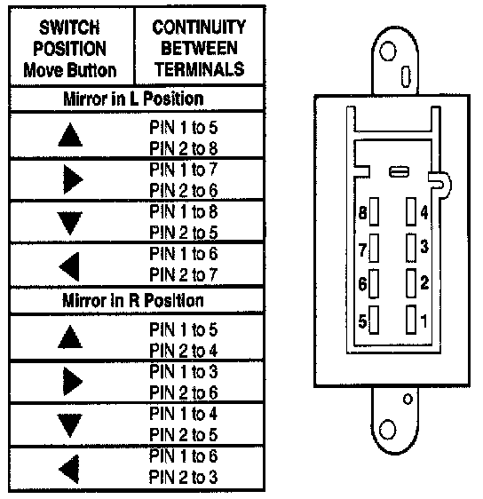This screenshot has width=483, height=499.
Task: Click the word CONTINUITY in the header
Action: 199,27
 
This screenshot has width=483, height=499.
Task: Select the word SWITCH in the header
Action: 69,28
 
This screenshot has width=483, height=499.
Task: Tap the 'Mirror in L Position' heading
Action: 134,99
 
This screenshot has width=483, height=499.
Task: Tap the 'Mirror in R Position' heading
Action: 133,300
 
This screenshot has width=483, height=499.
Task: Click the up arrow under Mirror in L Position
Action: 70,135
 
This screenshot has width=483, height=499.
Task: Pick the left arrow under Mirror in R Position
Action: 69,469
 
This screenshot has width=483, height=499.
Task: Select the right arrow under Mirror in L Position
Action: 73,179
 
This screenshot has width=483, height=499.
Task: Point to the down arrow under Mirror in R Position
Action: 70,425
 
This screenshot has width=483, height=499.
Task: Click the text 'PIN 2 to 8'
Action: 184,148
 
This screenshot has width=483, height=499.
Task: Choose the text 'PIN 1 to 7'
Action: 184,170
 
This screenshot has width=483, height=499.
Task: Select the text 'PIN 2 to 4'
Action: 184,351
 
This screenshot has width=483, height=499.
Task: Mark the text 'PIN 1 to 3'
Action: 184,371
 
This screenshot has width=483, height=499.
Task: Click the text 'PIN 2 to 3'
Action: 184,477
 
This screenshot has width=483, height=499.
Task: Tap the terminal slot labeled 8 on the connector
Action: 374,211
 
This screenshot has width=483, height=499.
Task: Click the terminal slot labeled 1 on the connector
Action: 411,320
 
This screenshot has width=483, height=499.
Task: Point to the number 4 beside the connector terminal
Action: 424,212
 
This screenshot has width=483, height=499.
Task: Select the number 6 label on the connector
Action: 363,283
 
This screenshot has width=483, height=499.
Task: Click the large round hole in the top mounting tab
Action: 388,51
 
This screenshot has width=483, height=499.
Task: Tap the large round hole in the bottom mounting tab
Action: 388,430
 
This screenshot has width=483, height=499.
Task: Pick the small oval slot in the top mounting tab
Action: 406,76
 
